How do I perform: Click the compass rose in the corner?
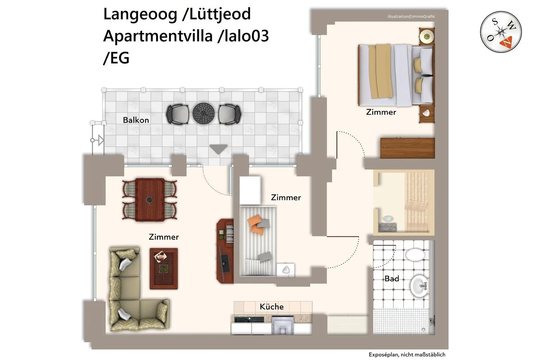pyautogui.click(x=501, y=32)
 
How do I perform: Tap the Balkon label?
pyautogui.click(x=136, y=120)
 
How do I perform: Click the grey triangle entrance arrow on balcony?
pyautogui.click(x=218, y=149)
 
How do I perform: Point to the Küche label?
pyautogui.click(x=271, y=306)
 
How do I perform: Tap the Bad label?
pyautogui.click(x=391, y=279)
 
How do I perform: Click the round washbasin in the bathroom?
pyautogui.click(x=420, y=286)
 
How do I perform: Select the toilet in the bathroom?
pyautogui.click(x=415, y=255)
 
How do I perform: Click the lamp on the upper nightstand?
pyautogui.click(x=426, y=37)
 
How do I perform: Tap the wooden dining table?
pyautogui.click(x=150, y=199)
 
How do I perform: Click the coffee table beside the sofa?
pyautogui.click(x=163, y=268)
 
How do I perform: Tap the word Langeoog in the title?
pyautogui.click(x=140, y=15)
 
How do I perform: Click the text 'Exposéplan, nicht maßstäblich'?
pyautogui.click(x=406, y=354)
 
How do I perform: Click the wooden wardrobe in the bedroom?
pyautogui.click(x=407, y=148)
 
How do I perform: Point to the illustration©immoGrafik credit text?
pyautogui.click(x=411, y=16)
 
